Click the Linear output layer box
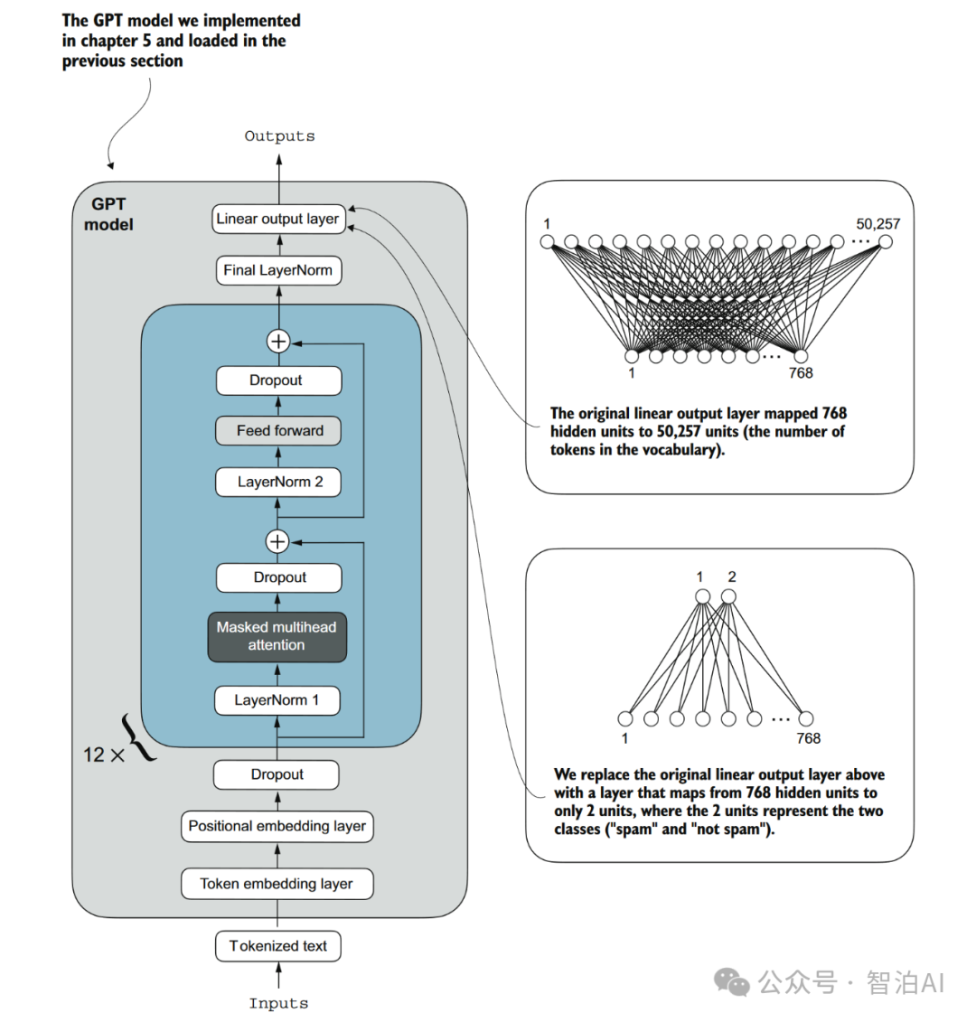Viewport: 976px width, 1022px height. coord(278,219)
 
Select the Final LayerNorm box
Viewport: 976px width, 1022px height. coord(278,270)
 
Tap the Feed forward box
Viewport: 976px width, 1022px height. coord(278,431)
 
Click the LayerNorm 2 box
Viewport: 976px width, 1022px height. coord(278,482)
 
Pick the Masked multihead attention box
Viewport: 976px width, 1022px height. coord(277,636)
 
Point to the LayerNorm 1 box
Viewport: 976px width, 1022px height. coord(277,700)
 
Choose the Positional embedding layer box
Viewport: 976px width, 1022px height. coord(277,826)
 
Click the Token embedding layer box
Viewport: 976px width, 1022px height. coord(277,884)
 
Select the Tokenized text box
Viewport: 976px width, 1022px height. coord(277,946)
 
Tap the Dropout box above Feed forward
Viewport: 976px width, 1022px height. coord(278,380)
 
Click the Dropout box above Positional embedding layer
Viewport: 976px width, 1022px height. coord(277,774)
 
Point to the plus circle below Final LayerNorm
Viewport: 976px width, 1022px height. coord(277,342)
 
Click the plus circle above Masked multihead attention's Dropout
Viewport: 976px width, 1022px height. coord(277,541)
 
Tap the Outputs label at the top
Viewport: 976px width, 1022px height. coord(279,136)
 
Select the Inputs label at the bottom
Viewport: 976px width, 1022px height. coord(278,1003)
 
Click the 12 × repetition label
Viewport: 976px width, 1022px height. coord(104,755)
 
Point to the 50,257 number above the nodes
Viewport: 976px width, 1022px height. coord(877,223)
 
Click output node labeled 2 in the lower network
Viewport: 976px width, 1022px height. coord(728,596)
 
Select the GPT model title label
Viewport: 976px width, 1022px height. coord(108,214)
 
